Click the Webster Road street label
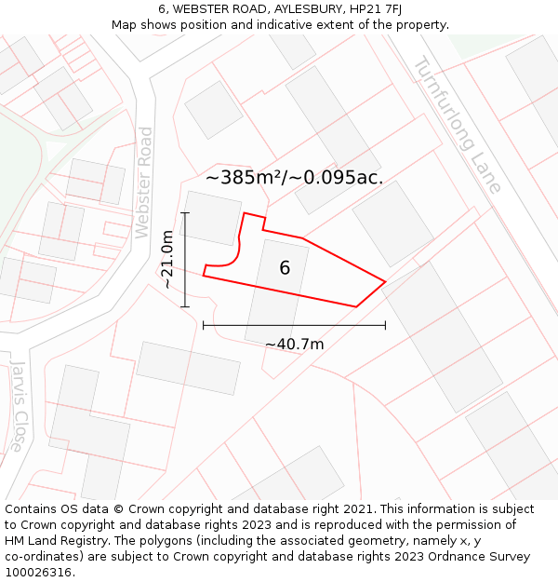click(143, 183)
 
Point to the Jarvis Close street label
click(17, 407)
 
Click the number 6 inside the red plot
click(285, 268)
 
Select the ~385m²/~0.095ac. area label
click(294, 177)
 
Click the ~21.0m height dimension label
click(168, 260)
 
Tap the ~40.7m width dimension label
click(294, 345)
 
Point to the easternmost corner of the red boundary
click(385, 281)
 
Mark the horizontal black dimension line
click(294, 325)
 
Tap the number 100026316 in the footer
click(38, 573)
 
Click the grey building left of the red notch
click(213, 217)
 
